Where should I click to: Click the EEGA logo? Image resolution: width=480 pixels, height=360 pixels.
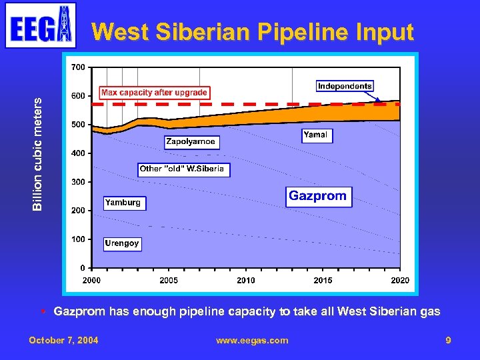[x=41, y=25]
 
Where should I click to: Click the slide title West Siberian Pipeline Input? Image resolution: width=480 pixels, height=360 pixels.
[x=253, y=32]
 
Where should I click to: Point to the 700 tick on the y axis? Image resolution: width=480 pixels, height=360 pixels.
[x=78, y=67]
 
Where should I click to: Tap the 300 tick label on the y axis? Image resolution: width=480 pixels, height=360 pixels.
[x=78, y=182]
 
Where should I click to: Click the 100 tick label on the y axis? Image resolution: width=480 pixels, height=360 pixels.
[x=78, y=239]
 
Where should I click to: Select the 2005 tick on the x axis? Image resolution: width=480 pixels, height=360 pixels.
[x=169, y=281]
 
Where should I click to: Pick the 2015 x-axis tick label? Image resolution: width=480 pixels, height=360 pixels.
[x=323, y=281]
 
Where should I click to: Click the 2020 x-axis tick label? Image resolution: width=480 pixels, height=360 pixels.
[x=400, y=281]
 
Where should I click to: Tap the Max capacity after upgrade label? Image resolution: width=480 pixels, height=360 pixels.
[x=155, y=93]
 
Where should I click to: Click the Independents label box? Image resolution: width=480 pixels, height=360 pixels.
[x=345, y=86]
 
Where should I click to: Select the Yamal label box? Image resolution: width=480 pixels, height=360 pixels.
[x=315, y=135]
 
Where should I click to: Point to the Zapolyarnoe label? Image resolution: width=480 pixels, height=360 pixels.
[x=191, y=142]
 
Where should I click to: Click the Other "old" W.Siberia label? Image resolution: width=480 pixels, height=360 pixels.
[x=182, y=169]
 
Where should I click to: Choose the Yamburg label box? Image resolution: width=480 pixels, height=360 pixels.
[x=123, y=203]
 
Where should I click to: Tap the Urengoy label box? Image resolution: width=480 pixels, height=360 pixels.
[x=122, y=243]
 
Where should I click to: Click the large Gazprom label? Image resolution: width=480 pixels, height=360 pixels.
[x=318, y=196]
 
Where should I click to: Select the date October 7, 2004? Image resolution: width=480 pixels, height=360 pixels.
[x=63, y=340]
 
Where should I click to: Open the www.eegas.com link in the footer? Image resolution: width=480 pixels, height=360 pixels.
[x=252, y=340]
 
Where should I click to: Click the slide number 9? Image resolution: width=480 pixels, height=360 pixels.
[x=449, y=340]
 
